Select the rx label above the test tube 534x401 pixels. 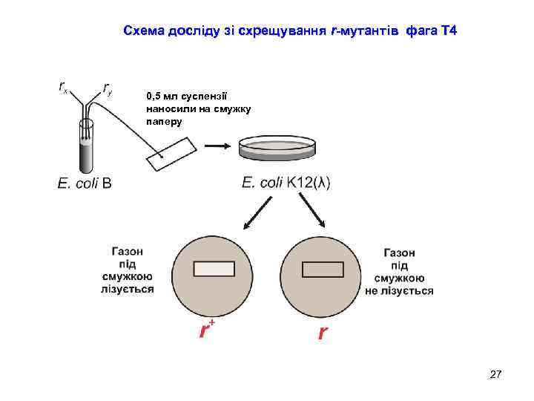[64, 87]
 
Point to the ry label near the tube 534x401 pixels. [108, 89]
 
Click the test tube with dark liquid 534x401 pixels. [87, 149]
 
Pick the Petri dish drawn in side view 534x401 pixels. [276, 149]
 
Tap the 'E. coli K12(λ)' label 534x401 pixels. [286, 183]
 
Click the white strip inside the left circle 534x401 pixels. [214, 269]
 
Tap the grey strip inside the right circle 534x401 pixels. [323, 270]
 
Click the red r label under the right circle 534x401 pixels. [321, 333]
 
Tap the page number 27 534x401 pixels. [496, 375]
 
